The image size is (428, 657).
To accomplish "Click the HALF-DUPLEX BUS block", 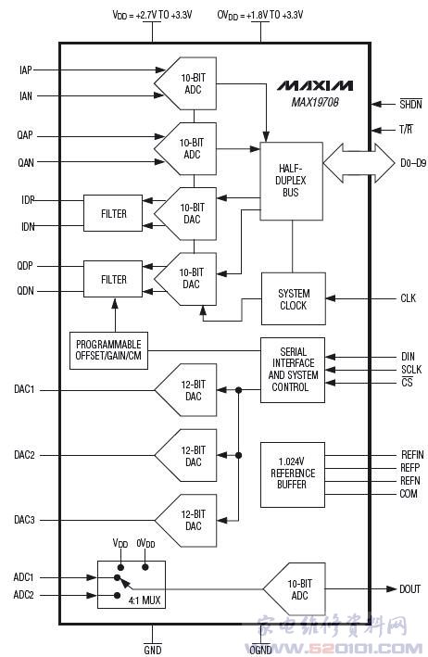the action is click(x=292, y=181).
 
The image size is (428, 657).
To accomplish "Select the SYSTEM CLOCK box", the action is click(x=294, y=298).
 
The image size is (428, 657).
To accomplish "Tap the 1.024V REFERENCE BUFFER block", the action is click(x=293, y=474).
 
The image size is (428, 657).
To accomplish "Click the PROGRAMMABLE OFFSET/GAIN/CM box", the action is click(x=109, y=350).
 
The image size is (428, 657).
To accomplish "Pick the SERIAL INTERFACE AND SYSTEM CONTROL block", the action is click(x=293, y=370).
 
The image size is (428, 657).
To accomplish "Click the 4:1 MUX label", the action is click(x=145, y=600).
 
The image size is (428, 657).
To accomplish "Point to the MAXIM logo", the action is click(x=314, y=85).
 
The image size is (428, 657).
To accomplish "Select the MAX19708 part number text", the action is click(x=315, y=102).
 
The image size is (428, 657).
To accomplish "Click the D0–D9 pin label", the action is click(x=413, y=162).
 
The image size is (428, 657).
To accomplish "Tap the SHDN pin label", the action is click(x=410, y=104).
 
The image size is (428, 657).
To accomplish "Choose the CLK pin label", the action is click(x=409, y=298).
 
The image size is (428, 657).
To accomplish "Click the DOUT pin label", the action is click(x=410, y=589).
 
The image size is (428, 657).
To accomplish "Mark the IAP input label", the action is click(x=26, y=70).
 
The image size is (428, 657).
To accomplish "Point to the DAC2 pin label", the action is click(x=24, y=455).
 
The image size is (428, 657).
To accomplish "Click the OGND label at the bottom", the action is click(x=261, y=650).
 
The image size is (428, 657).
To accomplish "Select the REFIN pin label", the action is click(x=412, y=455).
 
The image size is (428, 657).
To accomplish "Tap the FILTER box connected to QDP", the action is click(x=113, y=279).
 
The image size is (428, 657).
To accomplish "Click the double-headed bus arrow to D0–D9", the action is click(x=359, y=162).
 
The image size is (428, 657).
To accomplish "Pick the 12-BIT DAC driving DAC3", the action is click(x=186, y=521).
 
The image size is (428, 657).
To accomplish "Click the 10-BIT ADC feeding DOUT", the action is click(x=295, y=589).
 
